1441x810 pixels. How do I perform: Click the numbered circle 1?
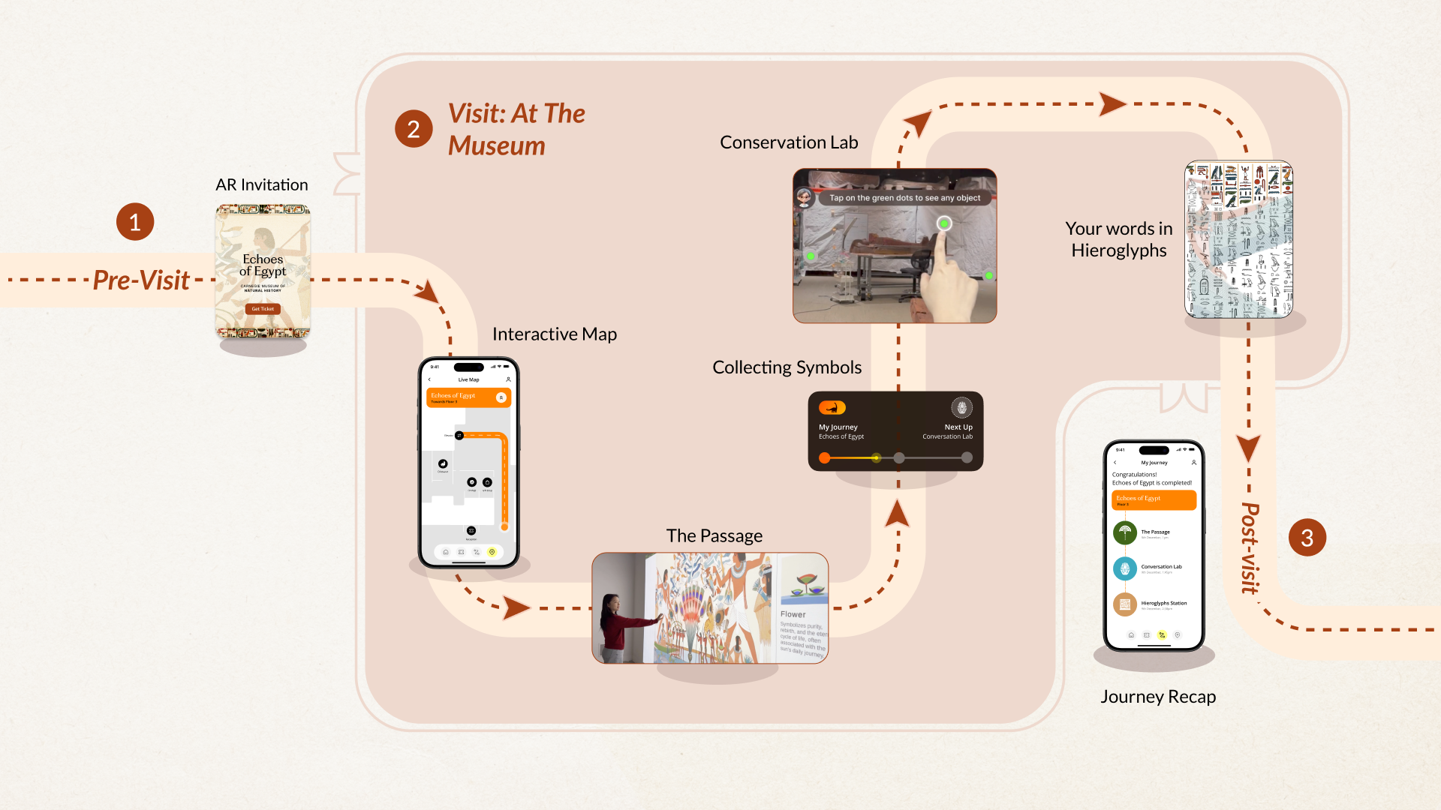coord(135,222)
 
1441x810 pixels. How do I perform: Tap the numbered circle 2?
coord(414,129)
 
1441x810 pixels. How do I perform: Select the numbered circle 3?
coord(1307,538)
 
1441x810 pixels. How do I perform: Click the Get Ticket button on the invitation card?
coord(263,309)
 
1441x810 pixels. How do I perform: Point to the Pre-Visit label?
coord(141,280)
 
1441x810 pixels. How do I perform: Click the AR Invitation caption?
coord(262,184)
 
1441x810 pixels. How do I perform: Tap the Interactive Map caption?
coord(555,334)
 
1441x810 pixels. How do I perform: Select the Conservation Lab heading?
coord(789,142)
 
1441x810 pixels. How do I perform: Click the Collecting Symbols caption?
coord(787,367)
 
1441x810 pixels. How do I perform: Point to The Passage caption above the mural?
coord(714,535)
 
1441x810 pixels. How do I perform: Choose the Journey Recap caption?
coord(1158,697)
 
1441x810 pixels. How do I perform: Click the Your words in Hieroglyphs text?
coord(1118,239)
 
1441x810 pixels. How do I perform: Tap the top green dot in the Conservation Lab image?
coord(944,223)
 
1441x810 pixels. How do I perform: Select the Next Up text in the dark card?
coord(958,427)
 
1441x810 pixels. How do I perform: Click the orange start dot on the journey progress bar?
coord(825,457)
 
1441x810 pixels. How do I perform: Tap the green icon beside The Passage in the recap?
coord(1124,532)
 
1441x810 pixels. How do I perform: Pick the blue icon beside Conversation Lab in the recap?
coord(1124,568)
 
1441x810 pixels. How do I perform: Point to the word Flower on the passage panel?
coord(793,614)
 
